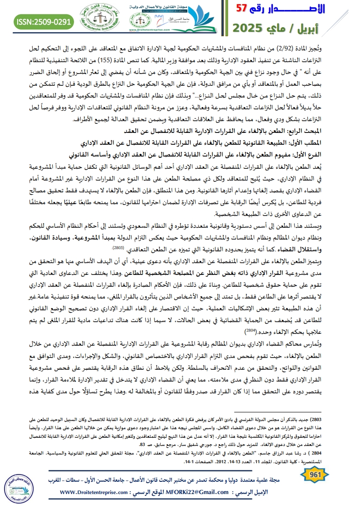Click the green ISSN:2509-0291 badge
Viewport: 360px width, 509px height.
[44, 21]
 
